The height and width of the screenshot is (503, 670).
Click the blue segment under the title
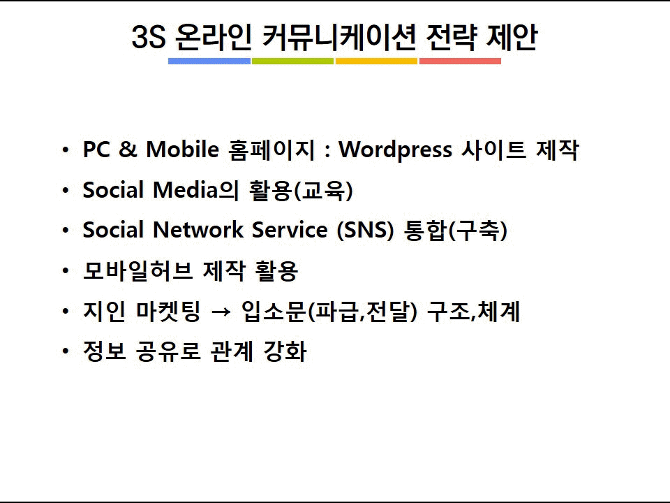click(x=209, y=61)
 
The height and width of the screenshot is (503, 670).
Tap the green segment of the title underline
click(x=292, y=61)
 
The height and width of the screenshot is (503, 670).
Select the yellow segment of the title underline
click(x=376, y=61)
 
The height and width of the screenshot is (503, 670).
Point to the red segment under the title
click(x=460, y=61)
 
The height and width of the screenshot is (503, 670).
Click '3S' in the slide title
click(x=148, y=37)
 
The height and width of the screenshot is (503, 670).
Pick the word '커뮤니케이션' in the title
click(x=339, y=37)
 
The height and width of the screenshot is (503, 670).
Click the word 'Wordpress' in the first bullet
click(x=395, y=150)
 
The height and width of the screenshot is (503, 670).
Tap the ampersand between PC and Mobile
click(x=128, y=150)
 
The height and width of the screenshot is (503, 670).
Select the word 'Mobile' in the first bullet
click(x=182, y=150)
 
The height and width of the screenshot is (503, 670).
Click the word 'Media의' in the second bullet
click(x=195, y=190)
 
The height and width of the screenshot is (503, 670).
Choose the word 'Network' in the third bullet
click(x=198, y=230)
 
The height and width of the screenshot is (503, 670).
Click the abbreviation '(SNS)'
click(x=365, y=230)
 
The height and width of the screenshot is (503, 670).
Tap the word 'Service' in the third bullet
click(x=290, y=230)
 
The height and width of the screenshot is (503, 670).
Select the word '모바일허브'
click(x=137, y=270)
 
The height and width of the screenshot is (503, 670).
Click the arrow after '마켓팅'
click(x=221, y=312)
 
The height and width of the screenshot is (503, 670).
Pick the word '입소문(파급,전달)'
click(x=329, y=311)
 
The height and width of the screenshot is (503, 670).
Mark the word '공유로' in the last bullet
click(x=168, y=351)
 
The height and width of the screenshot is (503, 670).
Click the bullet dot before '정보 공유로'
click(x=66, y=351)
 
